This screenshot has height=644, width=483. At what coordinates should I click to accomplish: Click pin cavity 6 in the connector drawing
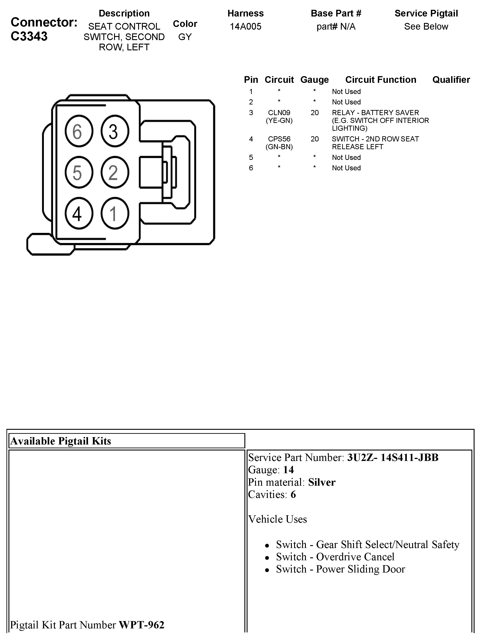79,131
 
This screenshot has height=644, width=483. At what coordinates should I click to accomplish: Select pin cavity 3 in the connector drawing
115,131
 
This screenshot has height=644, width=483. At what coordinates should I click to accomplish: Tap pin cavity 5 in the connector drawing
79,172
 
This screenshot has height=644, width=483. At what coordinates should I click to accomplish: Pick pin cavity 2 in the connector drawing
115,172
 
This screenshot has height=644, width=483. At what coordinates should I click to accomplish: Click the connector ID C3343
29,36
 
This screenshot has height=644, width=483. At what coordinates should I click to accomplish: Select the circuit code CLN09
279,113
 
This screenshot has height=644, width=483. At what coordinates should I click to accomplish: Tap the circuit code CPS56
279,139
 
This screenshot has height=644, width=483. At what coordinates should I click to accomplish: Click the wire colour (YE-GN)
279,120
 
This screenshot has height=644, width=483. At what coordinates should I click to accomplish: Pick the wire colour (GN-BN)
279,147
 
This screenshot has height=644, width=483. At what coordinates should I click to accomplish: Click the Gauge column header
314,79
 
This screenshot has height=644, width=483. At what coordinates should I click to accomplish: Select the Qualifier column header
451,79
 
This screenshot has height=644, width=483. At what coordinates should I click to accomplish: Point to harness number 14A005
245,26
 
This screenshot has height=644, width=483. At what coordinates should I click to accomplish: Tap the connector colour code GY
185,37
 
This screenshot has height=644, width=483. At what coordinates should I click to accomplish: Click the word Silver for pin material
322,482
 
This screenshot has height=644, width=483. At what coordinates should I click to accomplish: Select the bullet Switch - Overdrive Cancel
335,557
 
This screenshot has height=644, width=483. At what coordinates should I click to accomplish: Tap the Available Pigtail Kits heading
61,441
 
